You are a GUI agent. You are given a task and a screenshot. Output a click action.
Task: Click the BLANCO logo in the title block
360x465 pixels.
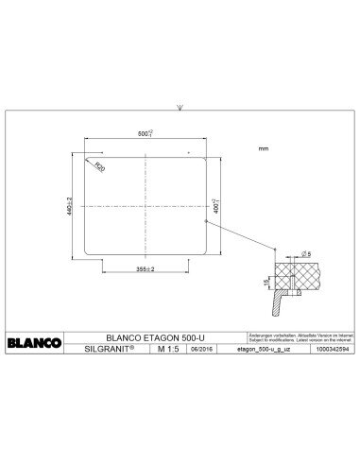tap(36, 341)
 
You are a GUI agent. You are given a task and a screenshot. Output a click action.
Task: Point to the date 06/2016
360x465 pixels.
tap(201, 349)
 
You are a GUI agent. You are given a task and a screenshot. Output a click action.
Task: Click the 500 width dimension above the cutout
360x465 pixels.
tap(144, 135)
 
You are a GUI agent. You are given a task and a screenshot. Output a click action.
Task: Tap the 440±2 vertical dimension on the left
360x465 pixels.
tap(69, 204)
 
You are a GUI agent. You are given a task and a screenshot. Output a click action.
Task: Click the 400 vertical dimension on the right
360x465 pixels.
tap(215, 204)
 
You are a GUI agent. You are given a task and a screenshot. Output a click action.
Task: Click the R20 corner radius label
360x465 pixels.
tap(99, 166)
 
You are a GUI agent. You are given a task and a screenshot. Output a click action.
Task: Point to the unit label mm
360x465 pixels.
tap(263, 149)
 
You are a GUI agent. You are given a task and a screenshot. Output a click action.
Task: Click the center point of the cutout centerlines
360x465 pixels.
tap(144, 204)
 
